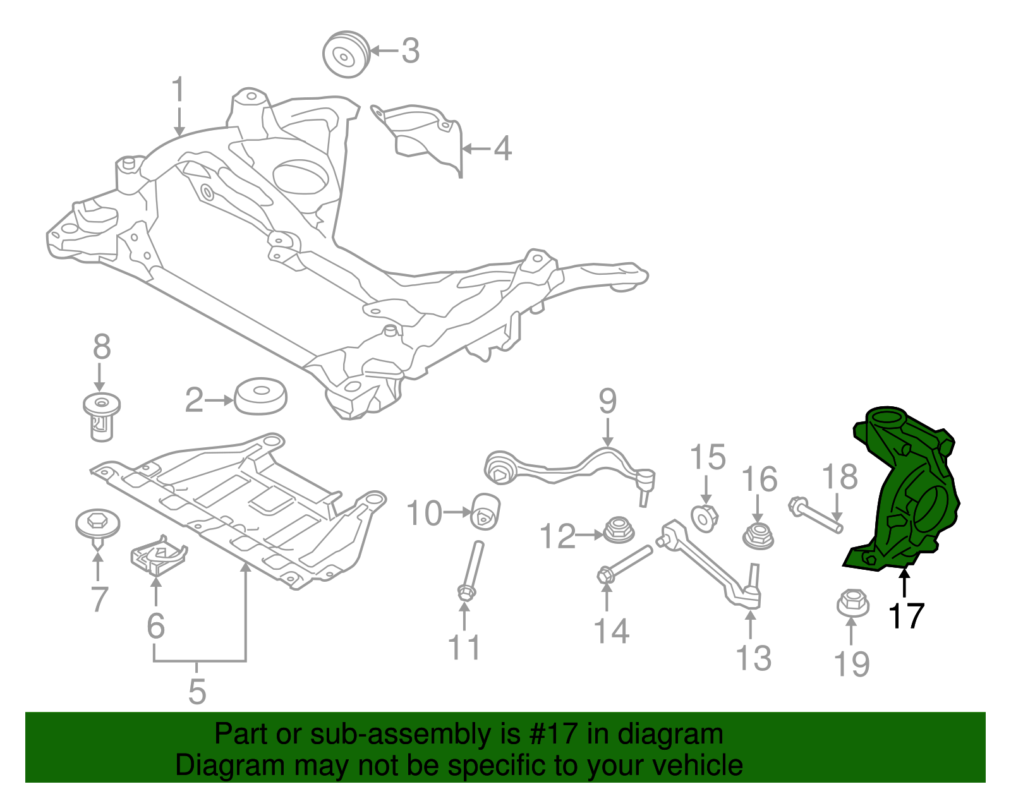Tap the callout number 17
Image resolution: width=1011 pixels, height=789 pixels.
point(906,616)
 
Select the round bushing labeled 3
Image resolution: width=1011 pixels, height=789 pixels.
point(345,54)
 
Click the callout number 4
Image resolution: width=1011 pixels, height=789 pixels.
point(502,149)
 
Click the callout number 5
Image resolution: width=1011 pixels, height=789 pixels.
point(197,692)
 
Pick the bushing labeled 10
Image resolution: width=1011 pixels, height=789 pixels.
point(487,511)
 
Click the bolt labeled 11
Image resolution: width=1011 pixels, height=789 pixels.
point(470,569)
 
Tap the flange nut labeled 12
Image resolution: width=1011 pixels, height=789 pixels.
point(619,530)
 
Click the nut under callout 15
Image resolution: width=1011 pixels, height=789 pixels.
point(704,517)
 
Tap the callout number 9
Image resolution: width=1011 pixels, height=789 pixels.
point(607,401)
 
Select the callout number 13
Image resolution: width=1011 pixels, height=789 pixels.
point(753,658)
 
